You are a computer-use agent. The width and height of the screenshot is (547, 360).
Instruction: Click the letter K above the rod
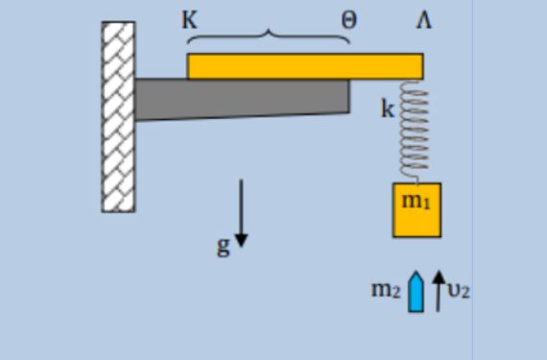point(190,20)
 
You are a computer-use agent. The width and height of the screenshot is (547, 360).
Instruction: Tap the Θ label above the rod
point(349,20)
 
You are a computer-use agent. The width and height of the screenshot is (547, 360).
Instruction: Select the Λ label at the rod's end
point(424,20)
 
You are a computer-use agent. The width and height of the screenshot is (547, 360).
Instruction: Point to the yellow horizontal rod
point(305,66)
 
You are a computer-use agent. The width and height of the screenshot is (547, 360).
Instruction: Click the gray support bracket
point(242,100)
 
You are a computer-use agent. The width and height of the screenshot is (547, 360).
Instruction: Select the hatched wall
point(118,116)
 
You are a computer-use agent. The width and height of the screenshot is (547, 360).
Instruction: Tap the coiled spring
point(414,132)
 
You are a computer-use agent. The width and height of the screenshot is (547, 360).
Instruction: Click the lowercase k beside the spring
point(388,108)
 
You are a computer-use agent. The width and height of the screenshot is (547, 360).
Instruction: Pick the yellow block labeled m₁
point(416,210)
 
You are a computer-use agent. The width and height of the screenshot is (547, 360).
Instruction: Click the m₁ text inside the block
point(416,201)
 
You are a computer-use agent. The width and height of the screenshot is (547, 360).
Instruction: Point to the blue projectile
point(416,291)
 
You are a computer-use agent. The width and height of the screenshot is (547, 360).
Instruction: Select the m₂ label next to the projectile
point(386,290)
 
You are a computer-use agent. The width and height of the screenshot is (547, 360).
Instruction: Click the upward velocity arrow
point(439,291)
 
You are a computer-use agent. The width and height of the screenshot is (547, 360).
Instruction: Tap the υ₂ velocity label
point(459,291)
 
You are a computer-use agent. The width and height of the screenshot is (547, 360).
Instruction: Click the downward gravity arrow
point(241,213)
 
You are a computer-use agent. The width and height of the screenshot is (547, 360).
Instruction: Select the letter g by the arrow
point(224,247)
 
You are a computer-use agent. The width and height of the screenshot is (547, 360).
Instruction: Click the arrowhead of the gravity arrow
point(241,241)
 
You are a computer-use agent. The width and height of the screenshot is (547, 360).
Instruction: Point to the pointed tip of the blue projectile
point(416,271)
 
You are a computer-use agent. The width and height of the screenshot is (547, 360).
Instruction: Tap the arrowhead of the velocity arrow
point(439,276)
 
